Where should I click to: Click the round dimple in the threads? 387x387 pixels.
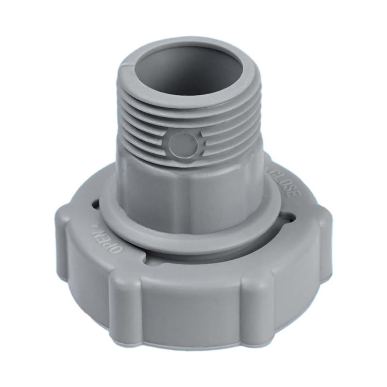[183, 145]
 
